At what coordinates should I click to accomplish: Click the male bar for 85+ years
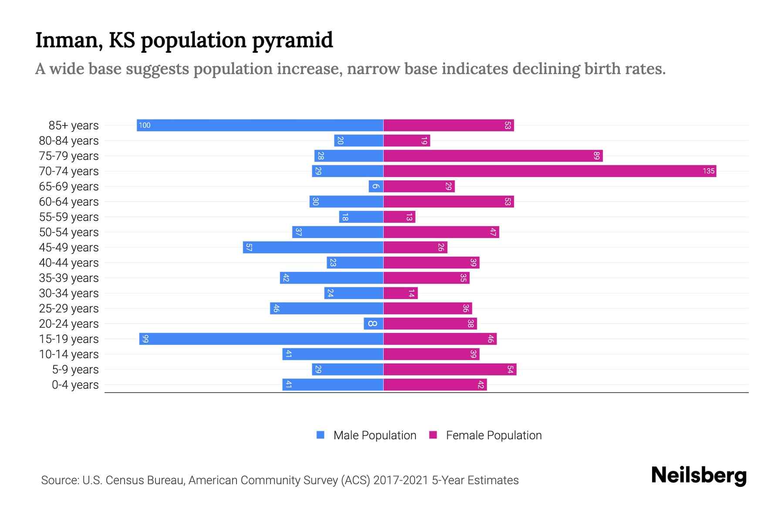click(x=260, y=126)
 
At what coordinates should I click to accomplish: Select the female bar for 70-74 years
click(x=550, y=171)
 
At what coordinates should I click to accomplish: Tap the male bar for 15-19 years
click(x=261, y=339)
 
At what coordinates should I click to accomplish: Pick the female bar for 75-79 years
click(x=493, y=156)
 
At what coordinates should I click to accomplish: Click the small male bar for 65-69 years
click(x=376, y=187)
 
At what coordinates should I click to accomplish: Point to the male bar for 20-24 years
click(x=374, y=324)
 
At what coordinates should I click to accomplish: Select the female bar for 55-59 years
click(x=399, y=217)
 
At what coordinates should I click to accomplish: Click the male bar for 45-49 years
click(x=313, y=248)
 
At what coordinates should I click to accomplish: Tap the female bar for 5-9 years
click(x=450, y=370)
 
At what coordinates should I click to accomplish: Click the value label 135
click(x=709, y=171)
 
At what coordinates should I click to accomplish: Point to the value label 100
click(x=144, y=126)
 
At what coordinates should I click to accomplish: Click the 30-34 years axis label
click(x=69, y=293)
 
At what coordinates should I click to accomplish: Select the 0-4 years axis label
click(x=75, y=385)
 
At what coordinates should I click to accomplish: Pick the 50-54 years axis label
click(x=69, y=232)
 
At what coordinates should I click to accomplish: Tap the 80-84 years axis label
click(x=69, y=141)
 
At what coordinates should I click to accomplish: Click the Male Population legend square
click(x=321, y=435)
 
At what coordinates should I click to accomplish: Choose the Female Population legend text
click(x=493, y=435)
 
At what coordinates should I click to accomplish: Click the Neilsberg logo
click(x=699, y=475)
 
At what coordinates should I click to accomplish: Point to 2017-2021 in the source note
click(x=401, y=480)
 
